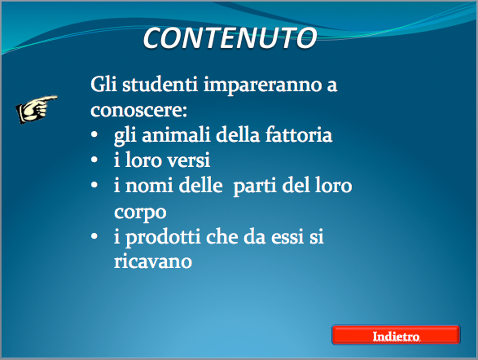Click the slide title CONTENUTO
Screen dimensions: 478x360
[230, 37]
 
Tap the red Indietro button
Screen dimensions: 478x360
[396, 335]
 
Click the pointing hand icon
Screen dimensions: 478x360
[37, 109]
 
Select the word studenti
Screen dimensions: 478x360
[160, 84]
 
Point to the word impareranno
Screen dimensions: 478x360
[262, 86]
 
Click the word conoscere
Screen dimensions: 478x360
[138, 110]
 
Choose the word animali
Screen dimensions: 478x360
[176, 134]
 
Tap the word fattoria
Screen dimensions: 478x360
[299, 134]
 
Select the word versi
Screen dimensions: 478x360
[189, 160]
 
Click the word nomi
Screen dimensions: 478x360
[150, 186]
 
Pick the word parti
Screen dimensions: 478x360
[255, 187]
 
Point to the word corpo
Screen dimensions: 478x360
[140, 213]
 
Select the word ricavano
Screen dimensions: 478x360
[153, 261]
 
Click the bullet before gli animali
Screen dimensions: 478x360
[94, 134]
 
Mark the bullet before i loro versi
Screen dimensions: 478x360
[94, 160]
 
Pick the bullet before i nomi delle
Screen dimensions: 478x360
[94, 185]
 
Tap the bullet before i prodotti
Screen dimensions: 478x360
[94, 236]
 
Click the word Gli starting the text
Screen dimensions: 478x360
[103, 84]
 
